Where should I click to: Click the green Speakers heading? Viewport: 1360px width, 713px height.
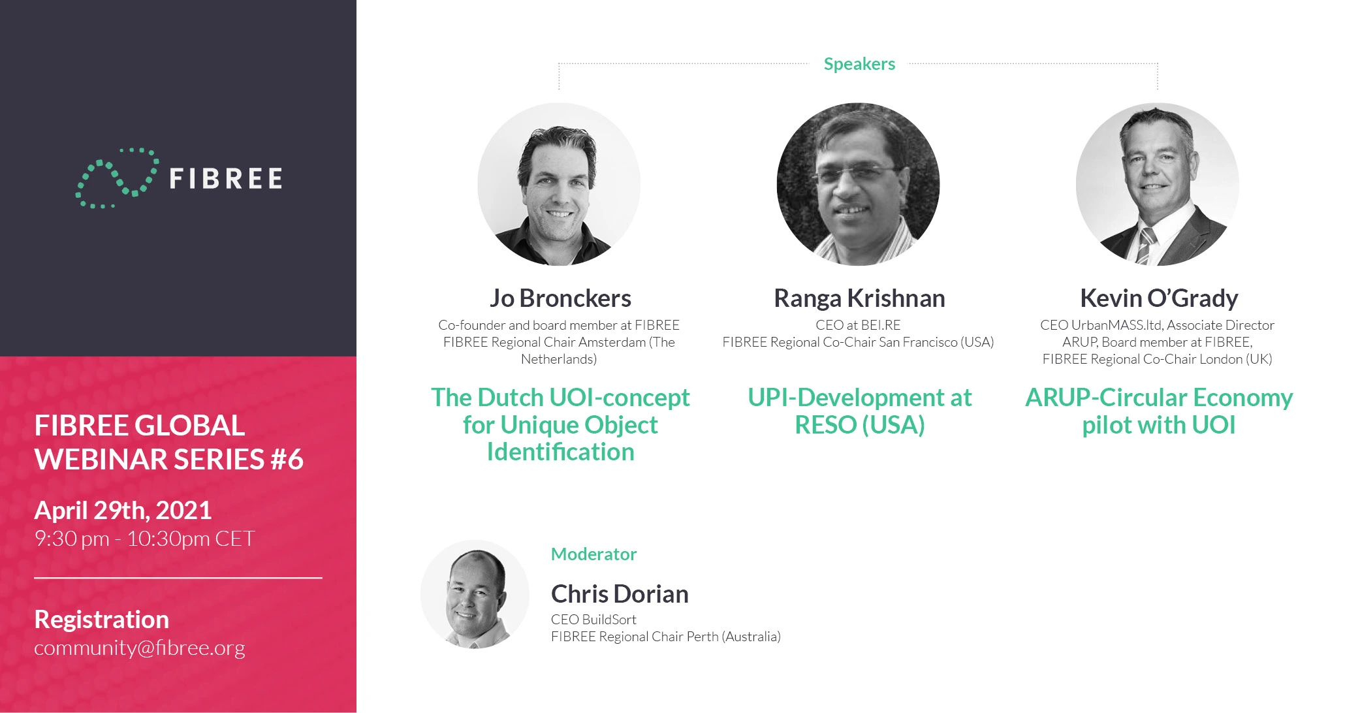(859, 64)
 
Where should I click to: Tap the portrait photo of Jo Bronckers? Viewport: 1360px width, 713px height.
(559, 184)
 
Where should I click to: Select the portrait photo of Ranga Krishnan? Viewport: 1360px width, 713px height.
(858, 184)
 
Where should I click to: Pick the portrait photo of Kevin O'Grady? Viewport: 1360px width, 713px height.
(1157, 184)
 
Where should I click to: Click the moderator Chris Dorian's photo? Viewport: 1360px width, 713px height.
(475, 594)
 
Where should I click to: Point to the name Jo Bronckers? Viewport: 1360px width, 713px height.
(560, 298)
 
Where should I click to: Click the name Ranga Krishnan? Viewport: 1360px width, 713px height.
(859, 298)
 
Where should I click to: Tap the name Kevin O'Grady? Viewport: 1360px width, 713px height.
(1159, 298)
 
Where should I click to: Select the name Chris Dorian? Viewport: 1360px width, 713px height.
(620, 594)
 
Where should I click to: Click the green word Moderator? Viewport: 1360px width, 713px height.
(593, 554)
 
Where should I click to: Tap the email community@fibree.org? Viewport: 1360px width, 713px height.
(140, 648)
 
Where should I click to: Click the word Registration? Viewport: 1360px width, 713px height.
(101, 619)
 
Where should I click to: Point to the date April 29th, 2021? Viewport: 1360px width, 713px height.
(123, 510)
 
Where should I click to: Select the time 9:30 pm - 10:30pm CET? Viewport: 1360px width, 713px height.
(144, 539)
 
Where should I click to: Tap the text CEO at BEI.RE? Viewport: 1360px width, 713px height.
(858, 325)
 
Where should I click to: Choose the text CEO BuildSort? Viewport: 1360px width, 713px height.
(593, 620)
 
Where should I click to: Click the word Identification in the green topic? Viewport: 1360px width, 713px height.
(560, 452)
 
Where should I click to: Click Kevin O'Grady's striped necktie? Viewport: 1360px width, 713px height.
(1145, 245)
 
